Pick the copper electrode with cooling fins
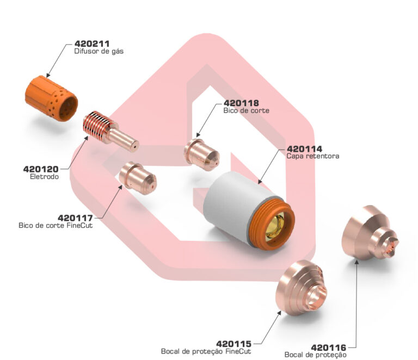point(109,131)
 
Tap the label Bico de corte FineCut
point(56,225)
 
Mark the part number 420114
point(305,148)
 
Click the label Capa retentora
point(312,156)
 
